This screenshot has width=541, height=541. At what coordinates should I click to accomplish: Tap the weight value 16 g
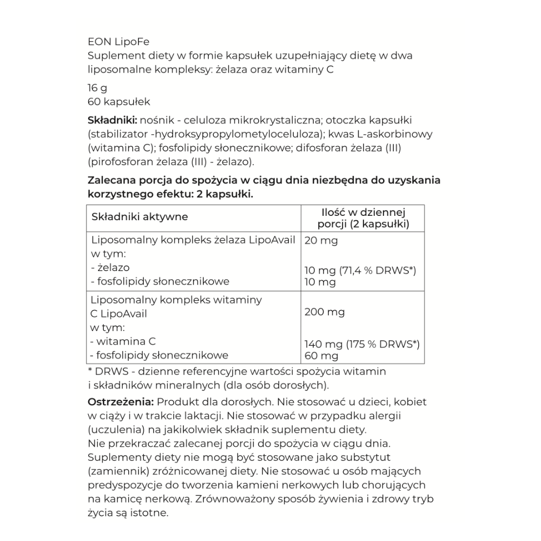[x=97, y=87]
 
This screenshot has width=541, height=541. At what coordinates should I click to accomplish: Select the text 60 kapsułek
[x=118, y=101]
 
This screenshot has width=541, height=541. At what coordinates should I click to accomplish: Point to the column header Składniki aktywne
[x=140, y=217]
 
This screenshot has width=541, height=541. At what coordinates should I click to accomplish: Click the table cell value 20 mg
[x=321, y=241]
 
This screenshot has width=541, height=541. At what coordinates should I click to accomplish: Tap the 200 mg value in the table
[x=325, y=312]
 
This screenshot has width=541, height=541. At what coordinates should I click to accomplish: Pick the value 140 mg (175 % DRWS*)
[x=362, y=344]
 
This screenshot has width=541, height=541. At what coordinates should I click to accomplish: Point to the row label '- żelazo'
[x=110, y=267]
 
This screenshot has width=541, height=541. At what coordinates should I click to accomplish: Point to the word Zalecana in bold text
[x=112, y=180]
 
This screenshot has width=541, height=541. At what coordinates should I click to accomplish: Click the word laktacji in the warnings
[x=204, y=416]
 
